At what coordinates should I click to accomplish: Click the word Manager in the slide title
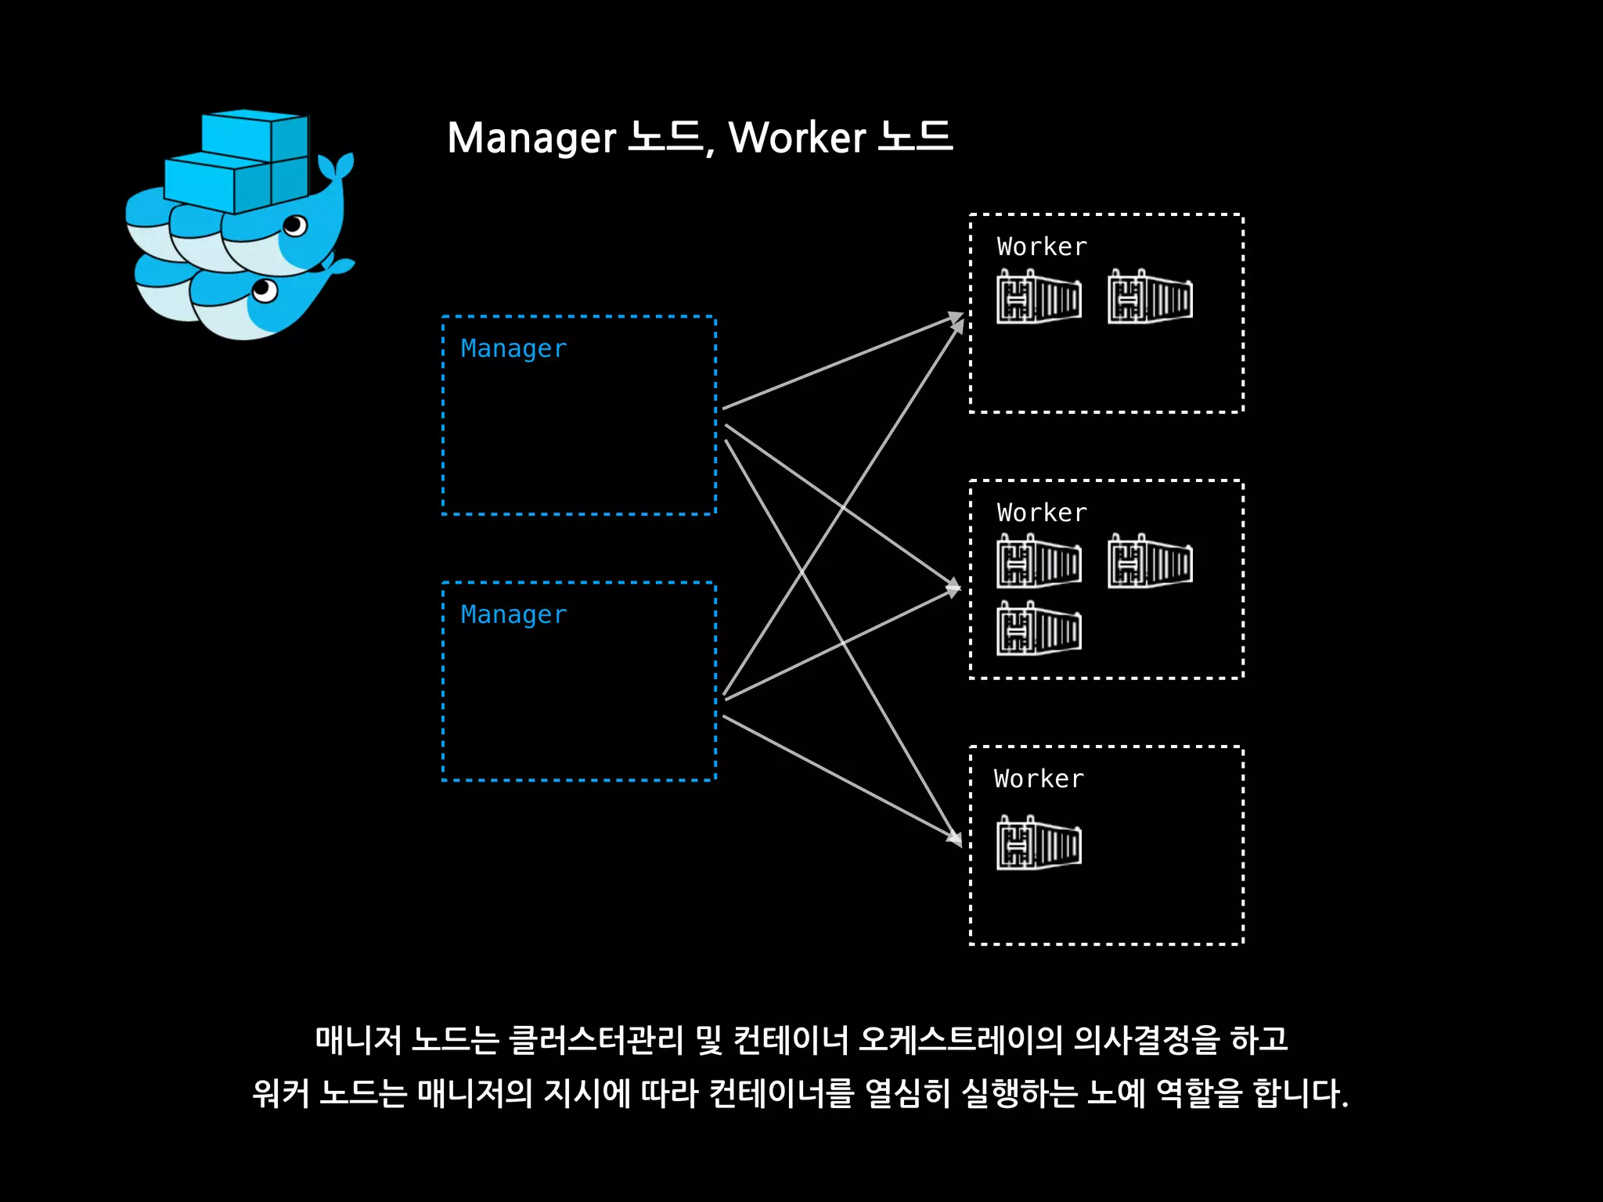tap(531, 139)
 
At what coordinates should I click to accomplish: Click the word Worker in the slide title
tap(797, 139)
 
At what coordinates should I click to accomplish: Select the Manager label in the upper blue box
tap(513, 348)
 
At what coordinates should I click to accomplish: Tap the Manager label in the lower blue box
tap(513, 614)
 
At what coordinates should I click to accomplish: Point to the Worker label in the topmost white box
tap(1042, 247)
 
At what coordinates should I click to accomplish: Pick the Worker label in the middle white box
tap(1042, 513)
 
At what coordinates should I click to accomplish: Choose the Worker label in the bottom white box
tap(1039, 779)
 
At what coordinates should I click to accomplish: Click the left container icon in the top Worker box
tap(1039, 297)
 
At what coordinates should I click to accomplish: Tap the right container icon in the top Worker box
tap(1150, 297)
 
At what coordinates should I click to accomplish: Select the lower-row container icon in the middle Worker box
tap(1039, 628)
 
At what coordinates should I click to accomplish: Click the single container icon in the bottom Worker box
tap(1039, 844)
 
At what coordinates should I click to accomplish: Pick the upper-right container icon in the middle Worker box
tap(1150, 562)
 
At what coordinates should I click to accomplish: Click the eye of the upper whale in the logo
tap(295, 226)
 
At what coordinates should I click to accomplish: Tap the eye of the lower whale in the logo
tap(265, 290)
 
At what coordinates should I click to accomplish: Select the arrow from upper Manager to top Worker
tap(841, 362)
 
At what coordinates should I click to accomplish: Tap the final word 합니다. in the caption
tap(1300, 1093)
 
